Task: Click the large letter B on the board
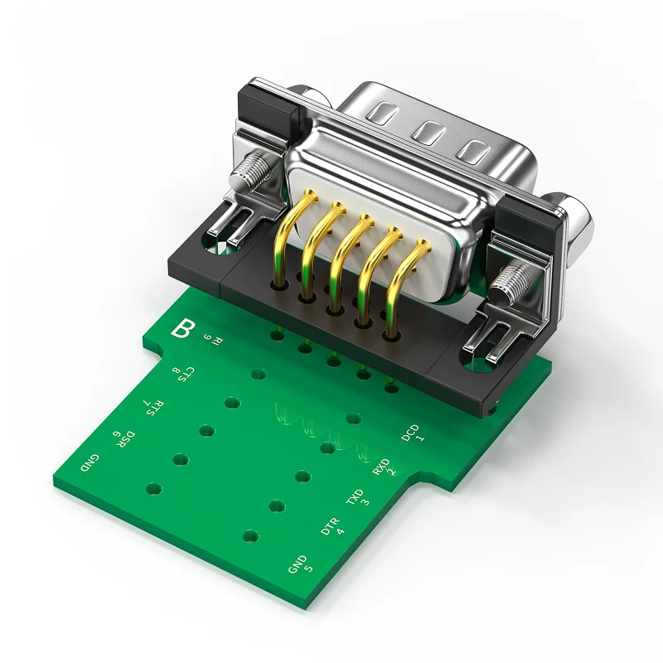tap(182, 328)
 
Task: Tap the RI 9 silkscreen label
tap(213, 340)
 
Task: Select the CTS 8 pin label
tap(183, 374)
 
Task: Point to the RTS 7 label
tap(154, 407)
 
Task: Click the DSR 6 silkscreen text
tap(123, 439)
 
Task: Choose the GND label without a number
tap(90, 463)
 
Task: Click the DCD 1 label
tap(412, 433)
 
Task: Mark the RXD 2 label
tap(385, 467)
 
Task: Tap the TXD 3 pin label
tap(358, 497)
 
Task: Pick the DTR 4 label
tap(333, 526)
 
